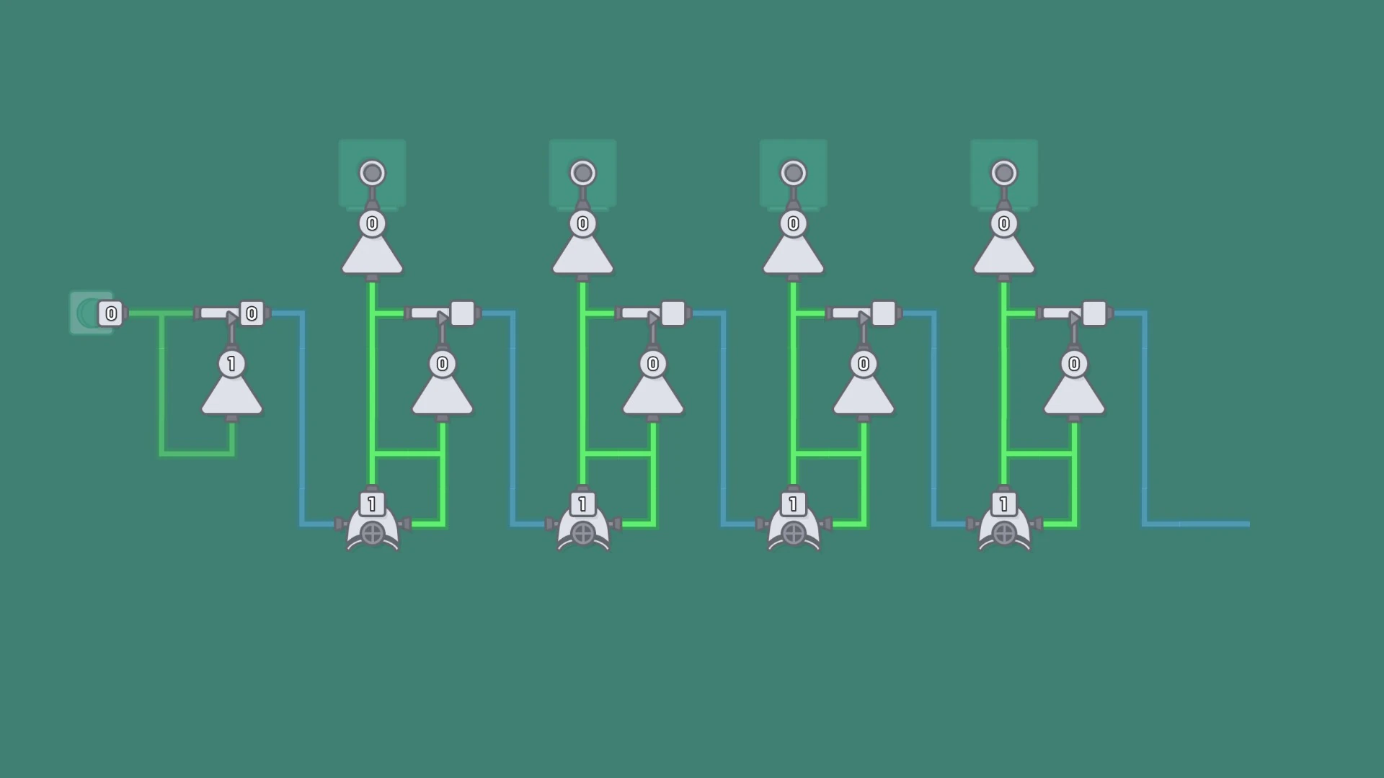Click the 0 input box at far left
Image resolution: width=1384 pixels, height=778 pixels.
pyautogui.click(x=111, y=313)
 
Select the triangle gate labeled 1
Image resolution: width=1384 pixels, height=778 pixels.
pyautogui.click(x=231, y=385)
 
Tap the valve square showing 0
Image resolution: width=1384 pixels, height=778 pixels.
pyautogui.click(x=252, y=313)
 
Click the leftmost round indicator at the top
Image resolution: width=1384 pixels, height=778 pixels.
pyautogui.click(x=372, y=173)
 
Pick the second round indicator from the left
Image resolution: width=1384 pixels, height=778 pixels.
pyautogui.click(x=582, y=173)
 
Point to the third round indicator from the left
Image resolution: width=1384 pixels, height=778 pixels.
pyautogui.click(x=793, y=173)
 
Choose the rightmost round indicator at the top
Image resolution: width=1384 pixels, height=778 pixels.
pyautogui.click(x=1003, y=173)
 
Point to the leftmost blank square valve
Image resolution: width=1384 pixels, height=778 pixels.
pyautogui.click(x=462, y=313)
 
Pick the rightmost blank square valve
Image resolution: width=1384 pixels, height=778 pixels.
pyautogui.click(x=1094, y=313)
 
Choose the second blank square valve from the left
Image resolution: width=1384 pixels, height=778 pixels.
pyautogui.click(x=673, y=313)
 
